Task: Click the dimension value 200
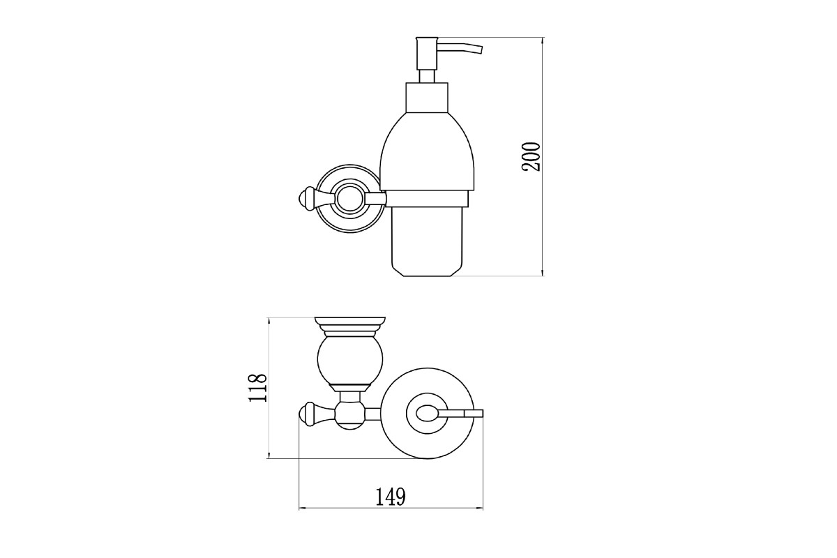tap(531, 157)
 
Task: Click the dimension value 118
tap(258, 388)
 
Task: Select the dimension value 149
tap(391, 497)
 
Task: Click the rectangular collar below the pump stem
tap(427, 97)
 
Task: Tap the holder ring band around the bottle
tap(427, 199)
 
